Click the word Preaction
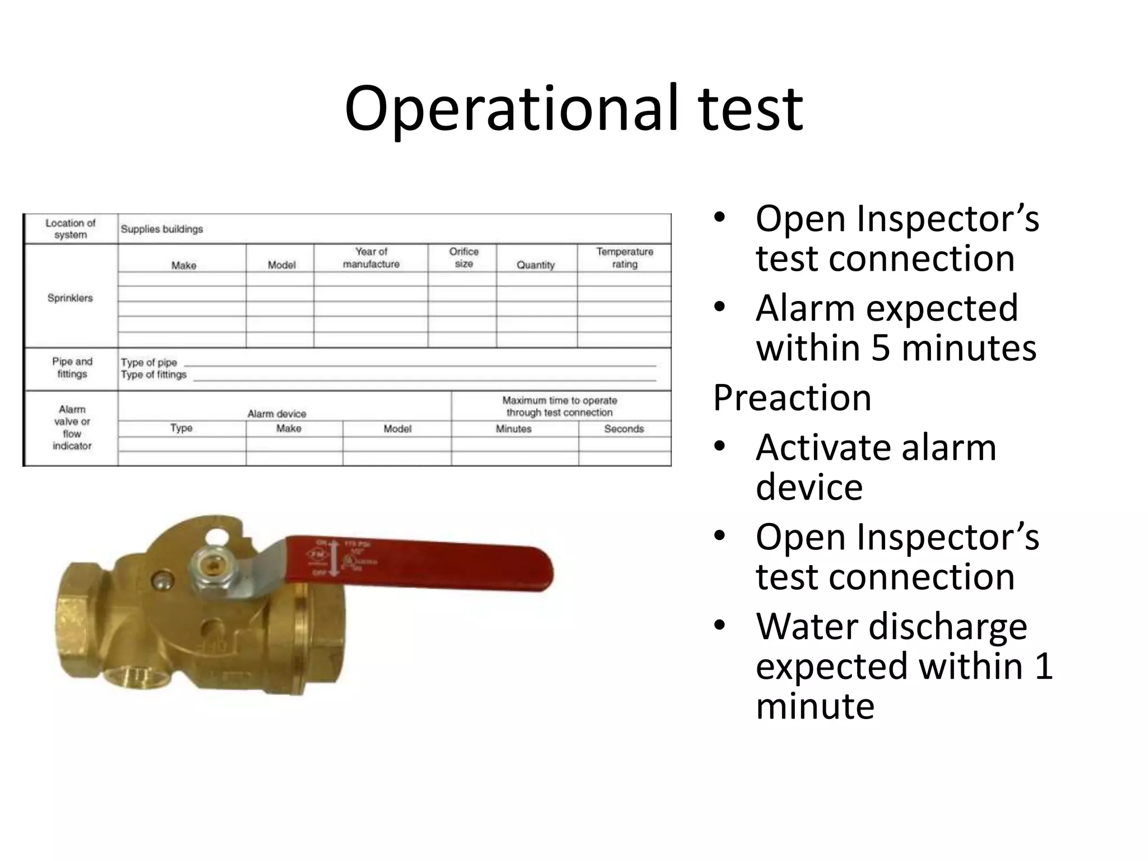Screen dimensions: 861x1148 (x=791, y=398)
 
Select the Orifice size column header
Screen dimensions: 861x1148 (x=464, y=257)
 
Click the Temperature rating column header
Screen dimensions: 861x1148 (x=624, y=257)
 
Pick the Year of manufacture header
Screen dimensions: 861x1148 (x=371, y=257)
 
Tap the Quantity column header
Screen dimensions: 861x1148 (x=535, y=265)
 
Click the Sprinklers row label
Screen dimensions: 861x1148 (x=70, y=298)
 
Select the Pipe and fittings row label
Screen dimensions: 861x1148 (x=72, y=368)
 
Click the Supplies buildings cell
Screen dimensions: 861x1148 (x=161, y=229)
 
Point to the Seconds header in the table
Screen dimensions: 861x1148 (x=624, y=429)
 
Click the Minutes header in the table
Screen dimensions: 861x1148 (x=513, y=429)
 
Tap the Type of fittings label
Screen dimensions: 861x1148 (x=154, y=374)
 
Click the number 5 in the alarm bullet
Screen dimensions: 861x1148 (x=881, y=348)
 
